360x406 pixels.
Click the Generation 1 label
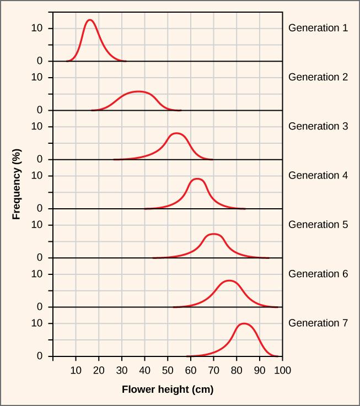[x=318, y=28]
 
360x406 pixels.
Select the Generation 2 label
[x=318, y=77]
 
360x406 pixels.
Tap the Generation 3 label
[x=318, y=126]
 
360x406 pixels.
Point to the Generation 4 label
[x=318, y=175]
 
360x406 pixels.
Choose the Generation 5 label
[x=318, y=225]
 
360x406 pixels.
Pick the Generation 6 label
[x=318, y=274]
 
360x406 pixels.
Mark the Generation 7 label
[x=318, y=323]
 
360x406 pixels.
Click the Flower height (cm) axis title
[x=168, y=389]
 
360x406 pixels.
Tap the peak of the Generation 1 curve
[x=89, y=20]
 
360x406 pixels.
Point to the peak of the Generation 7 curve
[x=244, y=323]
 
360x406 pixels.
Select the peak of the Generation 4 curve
[x=197, y=178]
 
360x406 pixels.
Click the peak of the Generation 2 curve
[x=138, y=91]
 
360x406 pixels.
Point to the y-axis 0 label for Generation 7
[x=40, y=356]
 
